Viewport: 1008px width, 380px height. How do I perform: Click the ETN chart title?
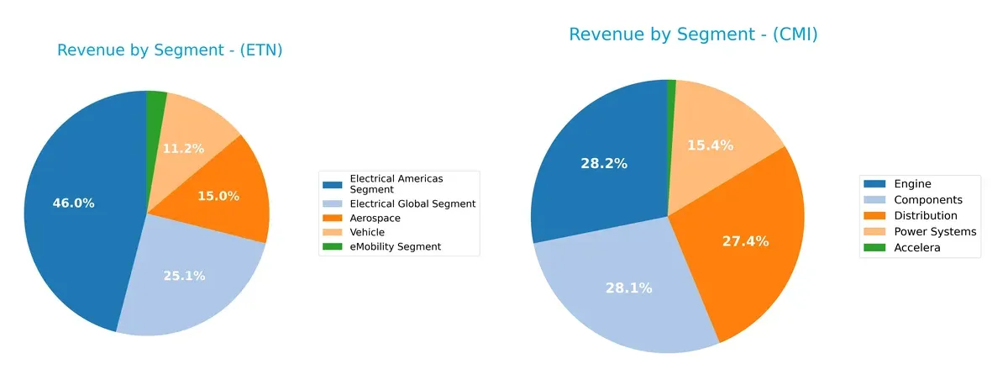click(x=170, y=50)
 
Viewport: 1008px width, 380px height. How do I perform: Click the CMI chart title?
click(x=693, y=34)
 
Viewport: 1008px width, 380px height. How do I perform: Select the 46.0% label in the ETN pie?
click(x=73, y=203)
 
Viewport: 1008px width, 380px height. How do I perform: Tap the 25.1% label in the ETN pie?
click(x=185, y=276)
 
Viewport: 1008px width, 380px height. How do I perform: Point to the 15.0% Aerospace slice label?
click(x=218, y=196)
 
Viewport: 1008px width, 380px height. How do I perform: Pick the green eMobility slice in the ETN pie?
click(x=155, y=104)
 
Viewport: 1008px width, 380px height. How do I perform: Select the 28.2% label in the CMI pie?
click(x=603, y=163)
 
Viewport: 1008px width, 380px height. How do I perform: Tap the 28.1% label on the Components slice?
click(x=628, y=288)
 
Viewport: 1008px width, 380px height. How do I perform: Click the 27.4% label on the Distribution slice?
click(x=745, y=241)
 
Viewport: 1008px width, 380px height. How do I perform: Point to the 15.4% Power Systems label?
click(x=710, y=145)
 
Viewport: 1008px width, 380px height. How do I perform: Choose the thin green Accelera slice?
click(x=671, y=92)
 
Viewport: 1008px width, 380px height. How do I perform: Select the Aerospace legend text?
click(x=375, y=218)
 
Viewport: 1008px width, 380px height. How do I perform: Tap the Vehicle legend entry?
click(x=367, y=232)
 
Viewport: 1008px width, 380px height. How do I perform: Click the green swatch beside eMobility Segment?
click(x=333, y=246)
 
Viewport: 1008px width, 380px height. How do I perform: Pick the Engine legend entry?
click(x=912, y=184)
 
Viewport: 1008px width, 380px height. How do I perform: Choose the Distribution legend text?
click(x=925, y=215)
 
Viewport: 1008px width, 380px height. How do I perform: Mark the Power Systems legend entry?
click(x=935, y=231)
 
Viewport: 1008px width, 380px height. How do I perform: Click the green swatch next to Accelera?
click(x=876, y=247)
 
